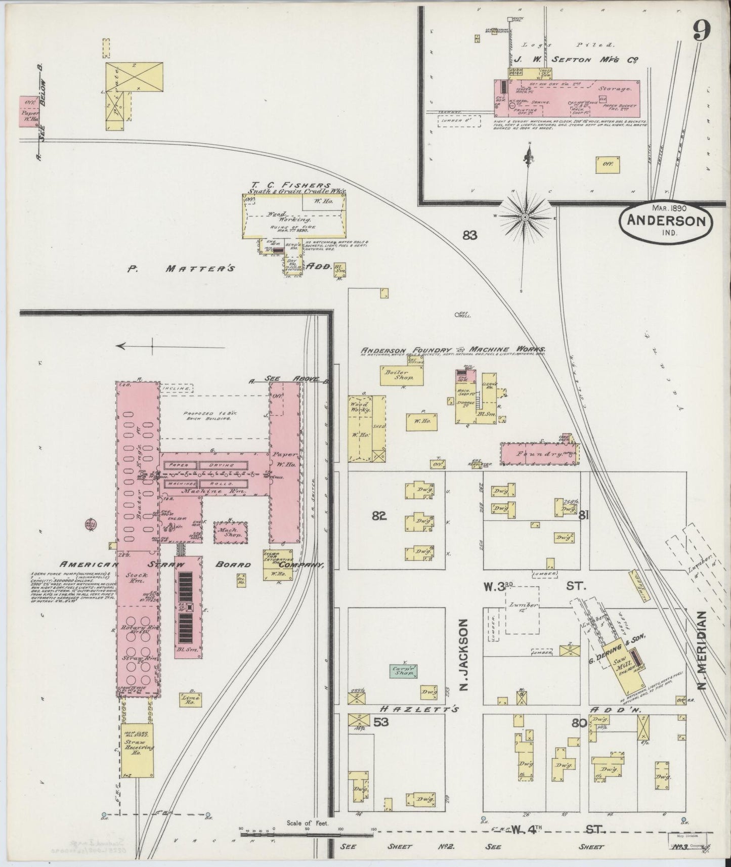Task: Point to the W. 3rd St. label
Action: point(531,587)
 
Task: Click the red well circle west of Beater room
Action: point(92,524)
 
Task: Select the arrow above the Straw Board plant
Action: point(135,346)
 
